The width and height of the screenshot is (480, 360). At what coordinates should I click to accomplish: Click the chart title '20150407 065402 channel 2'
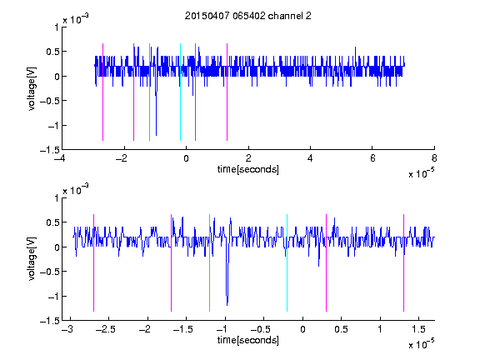pos(248,16)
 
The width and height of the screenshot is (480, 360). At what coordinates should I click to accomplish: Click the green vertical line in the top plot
pos(149,92)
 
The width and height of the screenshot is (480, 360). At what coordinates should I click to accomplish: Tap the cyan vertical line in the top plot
pos(180,92)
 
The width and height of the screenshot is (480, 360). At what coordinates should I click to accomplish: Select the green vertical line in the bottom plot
pos(210,262)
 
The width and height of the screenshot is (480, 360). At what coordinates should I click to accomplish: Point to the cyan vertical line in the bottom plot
pos(287,262)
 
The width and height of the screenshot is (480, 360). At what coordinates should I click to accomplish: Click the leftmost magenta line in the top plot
pos(102,92)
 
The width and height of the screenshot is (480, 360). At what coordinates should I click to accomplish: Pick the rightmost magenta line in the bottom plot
pos(404,262)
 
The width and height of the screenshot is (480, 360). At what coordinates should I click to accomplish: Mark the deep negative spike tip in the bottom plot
pos(227,305)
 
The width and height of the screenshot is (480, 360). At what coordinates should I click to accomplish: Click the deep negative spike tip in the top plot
pos(156,135)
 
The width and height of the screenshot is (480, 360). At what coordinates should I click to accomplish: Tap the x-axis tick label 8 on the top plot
pos(434,158)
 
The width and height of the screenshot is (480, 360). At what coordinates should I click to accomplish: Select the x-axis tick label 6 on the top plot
pos(372,158)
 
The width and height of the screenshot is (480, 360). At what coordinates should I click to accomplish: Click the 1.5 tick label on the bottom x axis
pos(418,329)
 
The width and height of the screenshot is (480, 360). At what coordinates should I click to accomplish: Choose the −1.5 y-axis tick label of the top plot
pos(50,150)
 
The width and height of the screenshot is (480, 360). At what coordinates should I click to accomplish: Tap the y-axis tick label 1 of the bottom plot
pos(57,198)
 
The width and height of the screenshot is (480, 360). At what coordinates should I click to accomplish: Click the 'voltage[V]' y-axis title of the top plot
pos(32,89)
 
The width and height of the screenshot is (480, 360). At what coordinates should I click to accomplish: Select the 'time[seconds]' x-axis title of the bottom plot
pos(248,340)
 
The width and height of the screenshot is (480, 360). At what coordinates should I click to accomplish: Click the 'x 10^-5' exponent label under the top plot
pos(422,173)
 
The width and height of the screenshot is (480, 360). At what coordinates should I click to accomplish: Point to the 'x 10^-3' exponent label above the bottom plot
pos(76,189)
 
